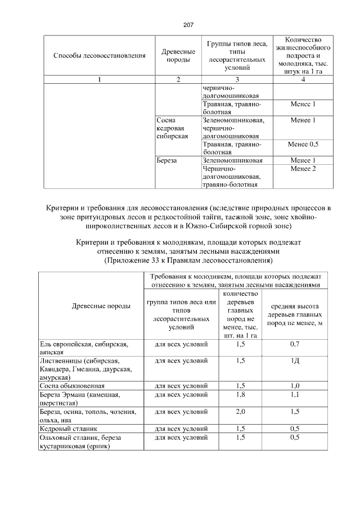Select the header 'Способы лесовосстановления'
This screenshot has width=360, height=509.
point(100,56)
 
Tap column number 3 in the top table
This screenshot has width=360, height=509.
point(236,79)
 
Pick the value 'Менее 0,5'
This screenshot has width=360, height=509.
point(303,144)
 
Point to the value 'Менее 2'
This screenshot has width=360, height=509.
point(303,168)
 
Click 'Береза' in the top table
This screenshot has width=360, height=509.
point(167,160)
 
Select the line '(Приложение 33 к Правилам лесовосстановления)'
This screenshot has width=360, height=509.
point(188,261)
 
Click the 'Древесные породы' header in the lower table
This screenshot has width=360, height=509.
point(93,306)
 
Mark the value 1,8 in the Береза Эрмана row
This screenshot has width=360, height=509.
point(240,394)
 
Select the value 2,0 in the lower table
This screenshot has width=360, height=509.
point(240,411)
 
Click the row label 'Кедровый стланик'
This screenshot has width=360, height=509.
point(66,428)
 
